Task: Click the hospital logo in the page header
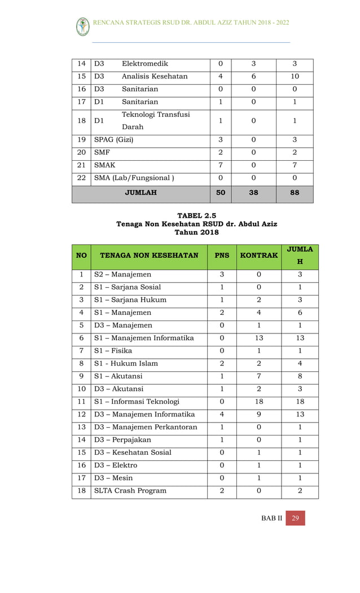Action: pos(82,26)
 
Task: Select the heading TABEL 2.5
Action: pos(196,215)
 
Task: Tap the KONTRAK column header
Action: pos(258,256)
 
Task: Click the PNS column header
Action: pos(222,256)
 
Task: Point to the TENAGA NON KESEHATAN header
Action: pos(149,256)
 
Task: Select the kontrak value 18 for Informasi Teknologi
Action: pos(258,402)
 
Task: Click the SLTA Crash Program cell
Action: pos(130,490)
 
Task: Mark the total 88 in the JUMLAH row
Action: pos(295,192)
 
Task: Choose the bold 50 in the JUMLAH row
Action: pos(220,192)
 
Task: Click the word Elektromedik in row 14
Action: pos(145,64)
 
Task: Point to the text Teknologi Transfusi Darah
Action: pos(156,121)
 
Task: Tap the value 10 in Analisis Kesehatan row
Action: pos(295,76)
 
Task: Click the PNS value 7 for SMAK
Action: pos(220,165)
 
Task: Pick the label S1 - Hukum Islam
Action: pos(126,363)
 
